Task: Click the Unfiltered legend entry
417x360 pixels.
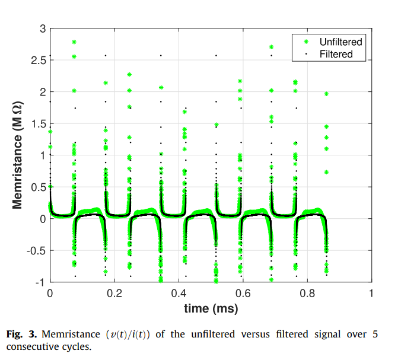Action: pos(340,42)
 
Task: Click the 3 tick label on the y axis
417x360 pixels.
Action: pos(43,28)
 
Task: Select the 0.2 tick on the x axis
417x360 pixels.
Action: pos(114,294)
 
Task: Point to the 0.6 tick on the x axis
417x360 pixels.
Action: pos(243,294)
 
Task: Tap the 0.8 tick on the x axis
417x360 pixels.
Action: pos(307,294)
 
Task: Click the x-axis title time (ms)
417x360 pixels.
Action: pos(211,308)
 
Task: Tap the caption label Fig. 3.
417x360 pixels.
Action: pos(22,334)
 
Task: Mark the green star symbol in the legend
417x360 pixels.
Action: pos(306,42)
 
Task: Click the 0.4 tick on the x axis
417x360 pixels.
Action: pos(179,294)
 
